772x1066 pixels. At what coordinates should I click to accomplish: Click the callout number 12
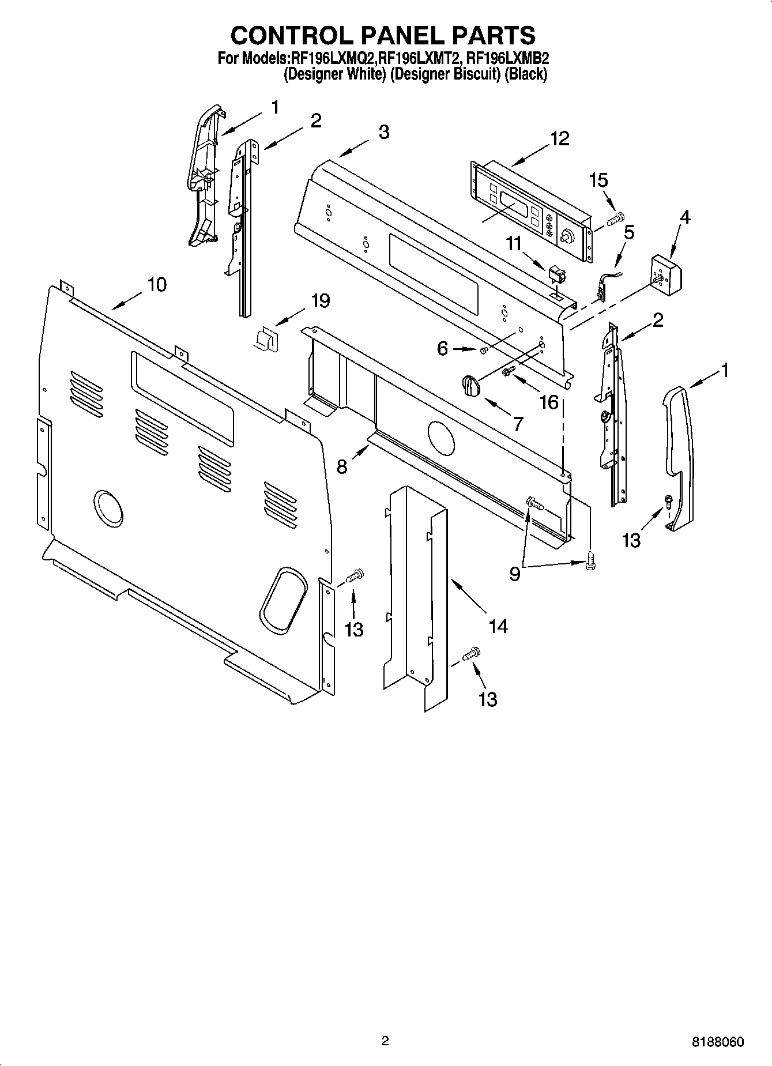559,138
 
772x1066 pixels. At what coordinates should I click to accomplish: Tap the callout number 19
321,300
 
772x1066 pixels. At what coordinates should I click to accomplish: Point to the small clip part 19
267,338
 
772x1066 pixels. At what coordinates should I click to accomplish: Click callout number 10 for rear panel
157,284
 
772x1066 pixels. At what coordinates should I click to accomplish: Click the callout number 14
498,626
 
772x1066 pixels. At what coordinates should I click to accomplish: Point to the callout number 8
342,466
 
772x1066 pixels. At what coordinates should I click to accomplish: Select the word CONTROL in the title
283,36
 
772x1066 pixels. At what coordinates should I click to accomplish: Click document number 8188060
718,1042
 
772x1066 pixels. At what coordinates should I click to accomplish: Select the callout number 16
549,401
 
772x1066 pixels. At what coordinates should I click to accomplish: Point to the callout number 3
384,131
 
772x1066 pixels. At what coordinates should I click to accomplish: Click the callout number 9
514,574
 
